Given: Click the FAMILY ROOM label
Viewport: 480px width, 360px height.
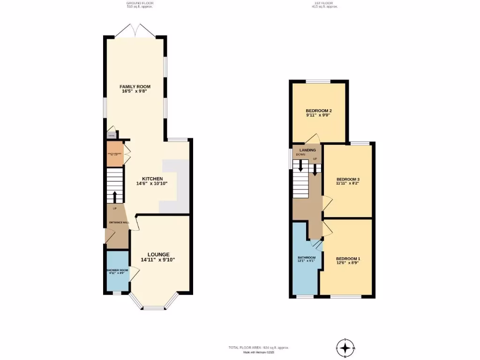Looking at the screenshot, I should tap(135, 87).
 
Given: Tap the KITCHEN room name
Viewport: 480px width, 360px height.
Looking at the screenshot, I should tap(152, 179).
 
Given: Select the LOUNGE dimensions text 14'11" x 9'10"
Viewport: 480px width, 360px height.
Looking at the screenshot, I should tap(158, 260).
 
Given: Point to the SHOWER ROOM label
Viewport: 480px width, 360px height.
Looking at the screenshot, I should tap(117, 270).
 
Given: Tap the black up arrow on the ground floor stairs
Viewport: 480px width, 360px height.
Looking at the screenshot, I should tap(115, 195).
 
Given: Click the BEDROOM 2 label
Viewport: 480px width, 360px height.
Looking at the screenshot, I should tap(318, 111).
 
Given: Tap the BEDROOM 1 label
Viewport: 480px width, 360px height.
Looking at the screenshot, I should tap(347, 258).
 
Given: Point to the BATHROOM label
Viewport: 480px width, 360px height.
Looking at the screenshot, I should tap(307, 258).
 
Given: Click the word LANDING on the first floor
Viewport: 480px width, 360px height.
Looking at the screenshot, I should tap(307, 150).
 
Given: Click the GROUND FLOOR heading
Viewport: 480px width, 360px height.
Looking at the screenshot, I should tap(140, 4).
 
